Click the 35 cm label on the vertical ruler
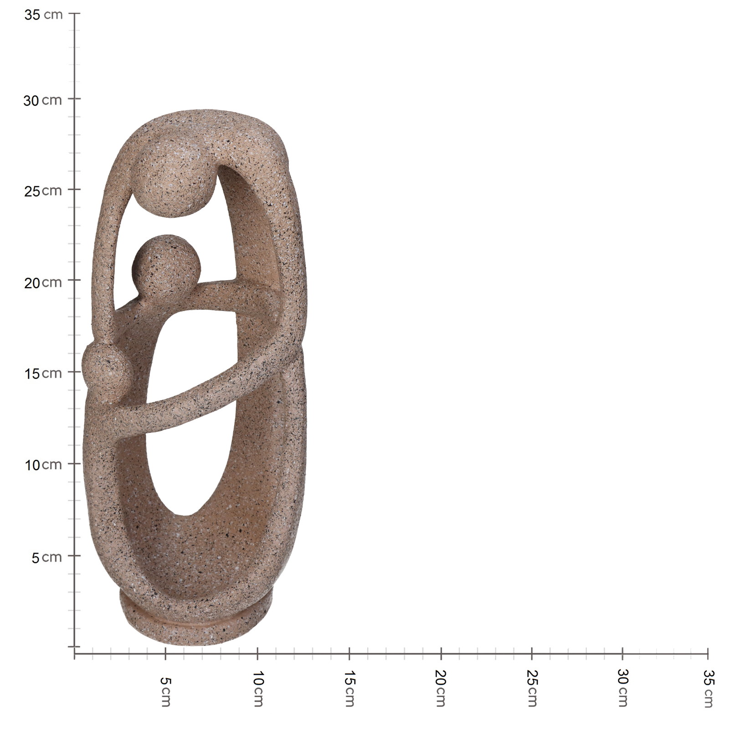(x=43, y=15)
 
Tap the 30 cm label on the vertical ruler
(x=42, y=100)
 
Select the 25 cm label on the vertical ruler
(x=43, y=191)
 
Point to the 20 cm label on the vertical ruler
(x=43, y=282)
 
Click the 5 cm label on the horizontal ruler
(x=165, y=692)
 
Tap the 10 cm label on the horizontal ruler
(x=257, y=688)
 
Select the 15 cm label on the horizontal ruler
(x=349, y=688)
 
